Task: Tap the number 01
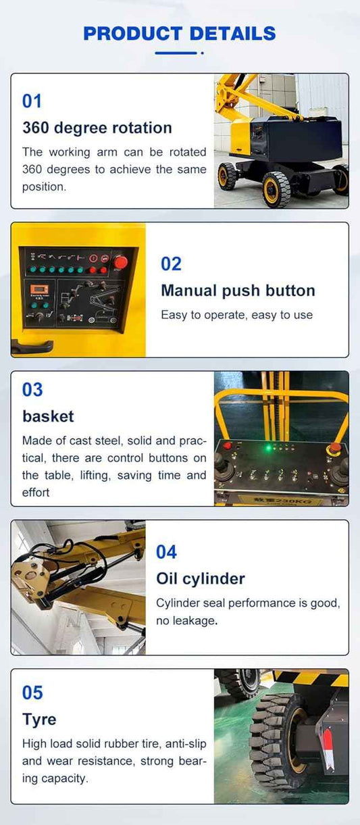[x=32, y=101]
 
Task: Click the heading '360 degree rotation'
[x=97, y=128]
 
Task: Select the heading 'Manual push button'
[x=238, y=291]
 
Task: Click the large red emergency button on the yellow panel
[x=120, y=262]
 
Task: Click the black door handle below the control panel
[x=32, y=346]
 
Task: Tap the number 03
[x=32, y=390]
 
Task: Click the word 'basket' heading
[x=48, y=416]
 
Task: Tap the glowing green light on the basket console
[x=268, y=448]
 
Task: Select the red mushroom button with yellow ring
[x=334, y=448]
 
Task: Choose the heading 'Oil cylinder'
[x=200, y=578]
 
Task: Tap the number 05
[x=32, y=693]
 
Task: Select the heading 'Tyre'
[x=39, y=720]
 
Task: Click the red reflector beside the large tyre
[x=326, y=749]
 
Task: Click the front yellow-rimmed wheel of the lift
[x=277, y=189]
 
